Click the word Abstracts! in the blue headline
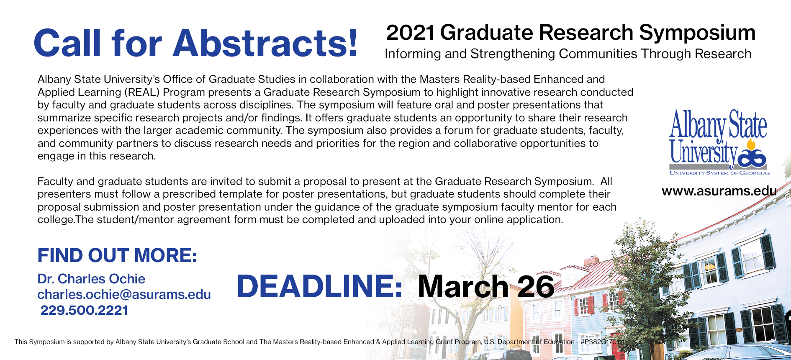click(x=265, y=43)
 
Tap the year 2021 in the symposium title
click(x=410, y=33)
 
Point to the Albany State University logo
click(x=719, y=142)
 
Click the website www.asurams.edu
click(x=719, y=191)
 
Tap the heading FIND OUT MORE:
click(x=117, y=255)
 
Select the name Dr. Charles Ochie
click(x=91, y=279)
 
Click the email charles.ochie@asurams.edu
click(x=124, y=294)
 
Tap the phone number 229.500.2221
click(x=84, y=310)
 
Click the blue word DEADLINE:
click(x=319, y=286)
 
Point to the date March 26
click(x=486, y=286)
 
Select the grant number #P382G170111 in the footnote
click(x=602, y=342)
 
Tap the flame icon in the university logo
click(x=751, y=145)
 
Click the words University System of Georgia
click(x=719, y=173)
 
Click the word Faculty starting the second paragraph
click(x=55, y=182)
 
